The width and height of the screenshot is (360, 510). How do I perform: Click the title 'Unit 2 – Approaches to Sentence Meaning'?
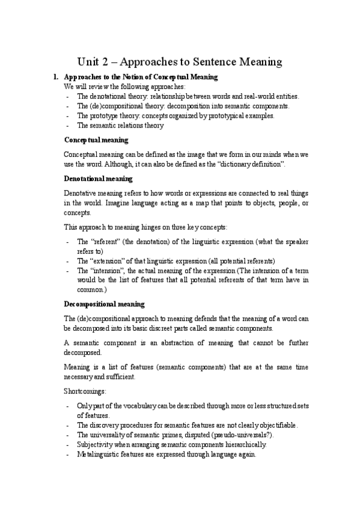[180, 61]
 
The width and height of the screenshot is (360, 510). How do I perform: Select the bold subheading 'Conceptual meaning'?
[96, 140]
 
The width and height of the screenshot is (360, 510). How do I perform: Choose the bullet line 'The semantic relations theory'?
[120, 125]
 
